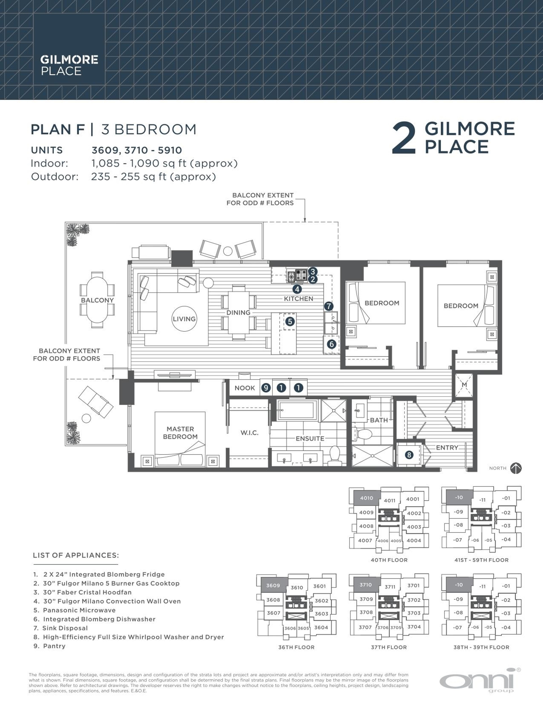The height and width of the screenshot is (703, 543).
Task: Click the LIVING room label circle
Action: (184, 319)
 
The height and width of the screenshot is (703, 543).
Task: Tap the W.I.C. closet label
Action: (249, 433)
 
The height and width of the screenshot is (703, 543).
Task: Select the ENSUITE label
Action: (310, 438)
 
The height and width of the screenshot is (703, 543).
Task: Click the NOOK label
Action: (244, 388)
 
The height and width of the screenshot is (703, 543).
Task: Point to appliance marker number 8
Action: (409, 455)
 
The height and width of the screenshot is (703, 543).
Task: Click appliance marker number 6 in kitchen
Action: (331, 344)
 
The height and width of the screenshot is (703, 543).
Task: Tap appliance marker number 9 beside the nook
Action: (266, 388)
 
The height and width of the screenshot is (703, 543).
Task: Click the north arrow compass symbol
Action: (516, 468)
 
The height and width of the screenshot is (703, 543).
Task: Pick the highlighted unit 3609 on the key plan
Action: (273, 586)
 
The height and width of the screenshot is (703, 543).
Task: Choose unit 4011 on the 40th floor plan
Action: (390, 501)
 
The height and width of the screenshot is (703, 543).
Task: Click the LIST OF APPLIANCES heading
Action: (76, 555)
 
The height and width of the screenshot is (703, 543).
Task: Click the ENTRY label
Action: (447, 447)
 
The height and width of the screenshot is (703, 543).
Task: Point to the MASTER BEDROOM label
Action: (180, 433)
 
